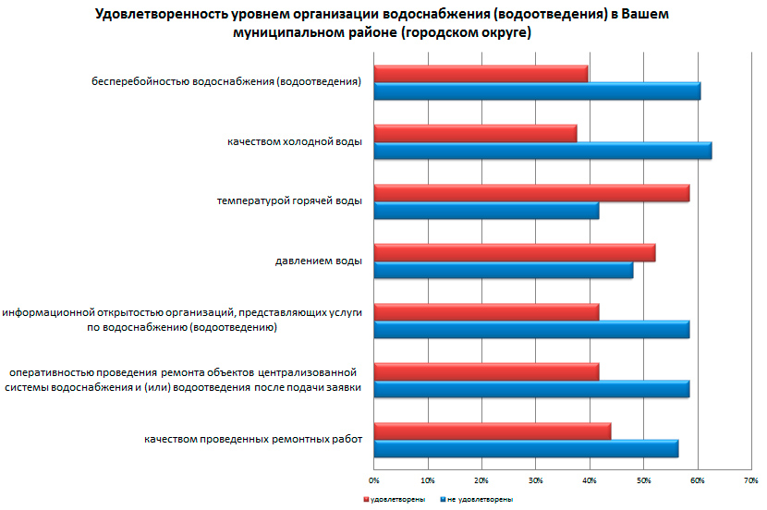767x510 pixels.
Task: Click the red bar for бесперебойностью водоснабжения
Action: [481, 74]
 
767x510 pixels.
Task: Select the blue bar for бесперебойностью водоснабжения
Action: [537, 91]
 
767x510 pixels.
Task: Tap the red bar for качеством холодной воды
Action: [475, 133]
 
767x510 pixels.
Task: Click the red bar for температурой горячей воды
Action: [531, 192]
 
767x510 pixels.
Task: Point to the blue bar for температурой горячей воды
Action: [486, 211]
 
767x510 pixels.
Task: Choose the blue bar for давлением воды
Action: [504, 270]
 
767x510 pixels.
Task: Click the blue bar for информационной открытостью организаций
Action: [531, 330]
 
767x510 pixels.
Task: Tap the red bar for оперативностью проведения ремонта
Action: [486, 371]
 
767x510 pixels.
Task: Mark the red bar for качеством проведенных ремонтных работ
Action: [493, 431]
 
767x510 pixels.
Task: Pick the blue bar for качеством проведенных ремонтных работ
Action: [526, 448]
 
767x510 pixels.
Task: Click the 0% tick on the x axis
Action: [374, 480]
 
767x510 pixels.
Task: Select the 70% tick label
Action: [751, 480]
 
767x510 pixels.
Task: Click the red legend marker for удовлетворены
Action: [365, 499]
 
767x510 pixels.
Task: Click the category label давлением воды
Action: [318, 261]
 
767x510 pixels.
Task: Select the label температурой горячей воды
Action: [289, 200]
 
